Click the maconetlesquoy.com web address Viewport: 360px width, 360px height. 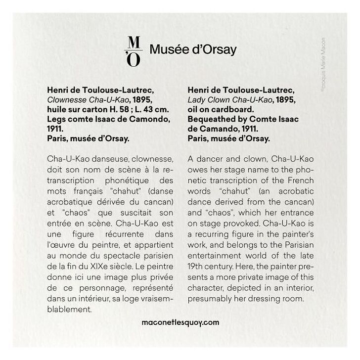(180, 322)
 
